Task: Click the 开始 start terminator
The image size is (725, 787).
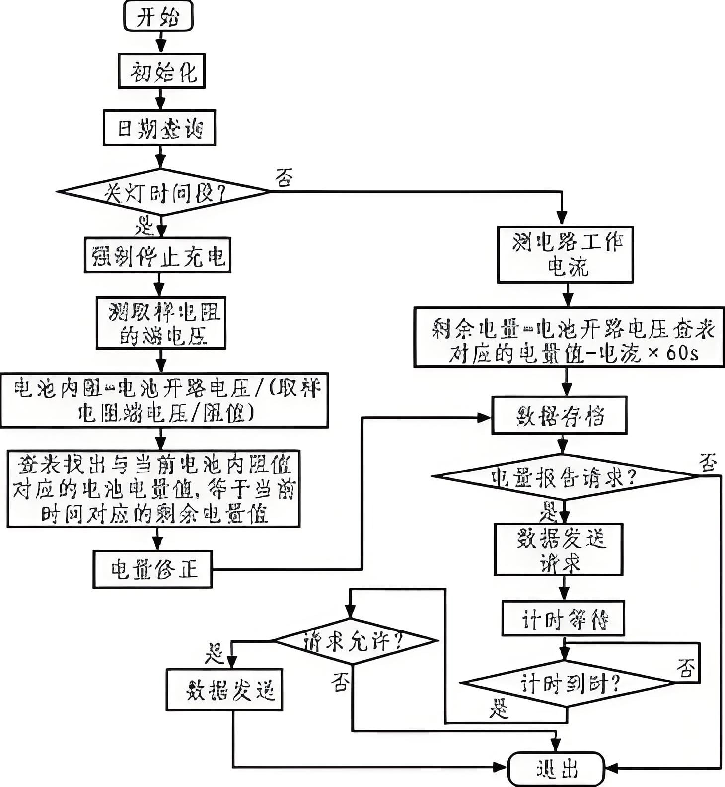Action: point(158,17)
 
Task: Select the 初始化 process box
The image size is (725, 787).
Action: point(162,72)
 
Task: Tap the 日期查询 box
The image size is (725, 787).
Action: point(159,128)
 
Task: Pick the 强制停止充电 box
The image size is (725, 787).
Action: point(158,255)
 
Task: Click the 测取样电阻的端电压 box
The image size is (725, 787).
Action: point(161,323)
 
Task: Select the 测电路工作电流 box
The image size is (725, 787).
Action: point(565,255)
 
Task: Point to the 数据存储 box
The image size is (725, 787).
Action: point(559,416)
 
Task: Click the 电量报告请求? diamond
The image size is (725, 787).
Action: point(564,476)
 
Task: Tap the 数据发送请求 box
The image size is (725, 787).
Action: point(559,550)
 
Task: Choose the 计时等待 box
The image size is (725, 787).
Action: point(563,619)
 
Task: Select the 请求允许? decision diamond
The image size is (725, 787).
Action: point(353,641)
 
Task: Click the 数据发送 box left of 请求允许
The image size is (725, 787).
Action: point(224,690)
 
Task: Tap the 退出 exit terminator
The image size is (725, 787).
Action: point(557,769)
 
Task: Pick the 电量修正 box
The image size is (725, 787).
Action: point(153,569)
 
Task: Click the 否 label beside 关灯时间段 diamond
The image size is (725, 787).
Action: point(284,177)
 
